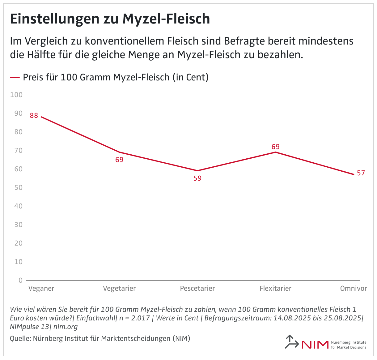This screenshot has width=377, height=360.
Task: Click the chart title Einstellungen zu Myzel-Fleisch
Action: (x=110, y=19)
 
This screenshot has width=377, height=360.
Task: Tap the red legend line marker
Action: (x=15, y=77)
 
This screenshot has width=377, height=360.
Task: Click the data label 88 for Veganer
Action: (x=34, y=116)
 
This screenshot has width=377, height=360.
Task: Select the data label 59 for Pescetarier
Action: (x=197, y=178)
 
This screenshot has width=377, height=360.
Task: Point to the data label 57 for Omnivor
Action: (x=361, y=173)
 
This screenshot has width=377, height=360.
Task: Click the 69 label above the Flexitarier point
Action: (x=275, y=147)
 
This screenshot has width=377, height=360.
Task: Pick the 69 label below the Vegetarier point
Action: (x=119, y=160)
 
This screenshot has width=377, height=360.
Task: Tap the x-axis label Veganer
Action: (x=41, y=289)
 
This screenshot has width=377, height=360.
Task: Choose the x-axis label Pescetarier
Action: (x=197, y=289)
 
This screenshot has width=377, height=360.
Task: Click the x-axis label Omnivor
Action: (x=354, y=289)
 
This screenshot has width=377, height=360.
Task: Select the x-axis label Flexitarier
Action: (x=275, y=289)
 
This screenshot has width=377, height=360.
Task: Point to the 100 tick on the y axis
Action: (x=16, y=95)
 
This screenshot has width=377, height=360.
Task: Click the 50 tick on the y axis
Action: (x=18, y=187)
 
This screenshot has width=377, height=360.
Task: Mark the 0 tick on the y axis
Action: (x=20, y=280)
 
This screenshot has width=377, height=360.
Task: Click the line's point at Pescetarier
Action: (x=197, y=171)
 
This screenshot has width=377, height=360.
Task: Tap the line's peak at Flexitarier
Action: (x=275, y=152)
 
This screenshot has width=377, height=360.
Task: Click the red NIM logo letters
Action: (x=315, y=345)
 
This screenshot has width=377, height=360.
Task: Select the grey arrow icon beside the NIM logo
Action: (x=291, y=342)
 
